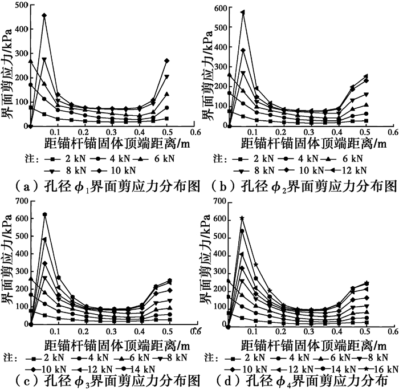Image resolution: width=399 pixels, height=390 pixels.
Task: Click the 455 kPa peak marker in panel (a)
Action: pyautogui.click(x=44, y=15)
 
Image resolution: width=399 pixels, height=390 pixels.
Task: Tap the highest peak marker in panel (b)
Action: pyautogui.click(x=243, y=12)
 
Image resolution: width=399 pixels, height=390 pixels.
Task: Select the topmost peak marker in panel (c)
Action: pyautogui.click(x=44, y=214)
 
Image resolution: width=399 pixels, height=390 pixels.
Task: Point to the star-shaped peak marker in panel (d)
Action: pyautogui.click(x=242, y=218)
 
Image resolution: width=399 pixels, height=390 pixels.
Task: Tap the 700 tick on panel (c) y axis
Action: pyautogui.click(x=19, y=201)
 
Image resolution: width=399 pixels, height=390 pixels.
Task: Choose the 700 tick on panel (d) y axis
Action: pyautogui.click(x=219, y=201)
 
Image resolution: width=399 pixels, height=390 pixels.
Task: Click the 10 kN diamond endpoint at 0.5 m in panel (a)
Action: pyautogui.click(x=167, y=60)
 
